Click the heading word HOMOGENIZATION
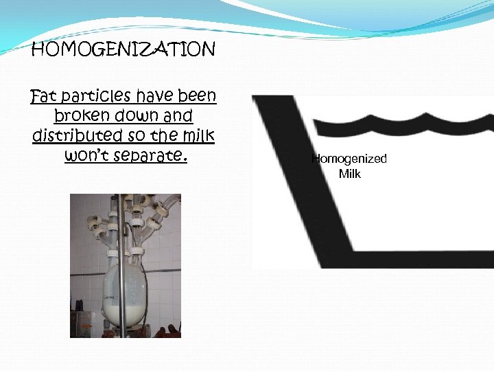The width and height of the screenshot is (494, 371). pos(123,49)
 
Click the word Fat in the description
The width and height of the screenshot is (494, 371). pos(45,95)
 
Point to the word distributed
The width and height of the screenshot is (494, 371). pos(75,135)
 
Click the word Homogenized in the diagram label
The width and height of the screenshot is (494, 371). pos(349,159)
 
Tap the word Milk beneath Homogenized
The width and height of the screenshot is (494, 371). pos(349,174)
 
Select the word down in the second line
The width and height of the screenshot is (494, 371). pos(136,115)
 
